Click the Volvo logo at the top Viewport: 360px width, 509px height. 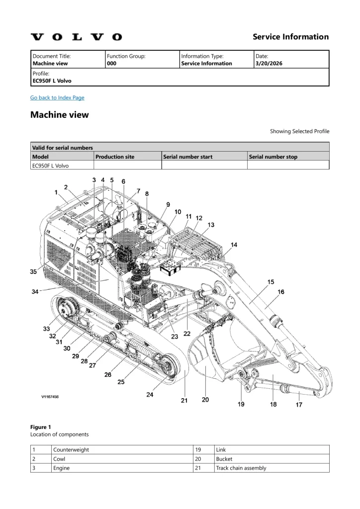[x=76, y=37]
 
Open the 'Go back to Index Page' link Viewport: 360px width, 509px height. [x=57, y=97]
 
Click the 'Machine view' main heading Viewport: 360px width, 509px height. [x=60, y=115]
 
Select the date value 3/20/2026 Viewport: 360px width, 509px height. [x=268, y=64]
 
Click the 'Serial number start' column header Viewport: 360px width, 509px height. [x=188, y=157]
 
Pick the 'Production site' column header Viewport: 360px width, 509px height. [x=115, y=157]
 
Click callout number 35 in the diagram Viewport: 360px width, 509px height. [x=33, y=272]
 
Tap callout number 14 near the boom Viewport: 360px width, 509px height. [x=234, y=245]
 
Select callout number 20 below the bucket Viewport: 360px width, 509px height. [x=205, y=400]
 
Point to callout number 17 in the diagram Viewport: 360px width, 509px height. [x=299, y=405]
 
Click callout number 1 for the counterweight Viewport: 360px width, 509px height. [x=56, y=191]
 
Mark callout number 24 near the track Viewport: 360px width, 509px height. [x=150, y=395]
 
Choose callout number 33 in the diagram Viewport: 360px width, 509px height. [x=46, y=329]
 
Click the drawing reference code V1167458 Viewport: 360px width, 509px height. [x=50, y=397]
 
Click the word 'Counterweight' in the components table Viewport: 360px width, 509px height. [x=71, y=450]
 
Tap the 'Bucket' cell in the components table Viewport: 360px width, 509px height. [x=224, y=459]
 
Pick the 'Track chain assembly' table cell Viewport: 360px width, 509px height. [x=241, y=468]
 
